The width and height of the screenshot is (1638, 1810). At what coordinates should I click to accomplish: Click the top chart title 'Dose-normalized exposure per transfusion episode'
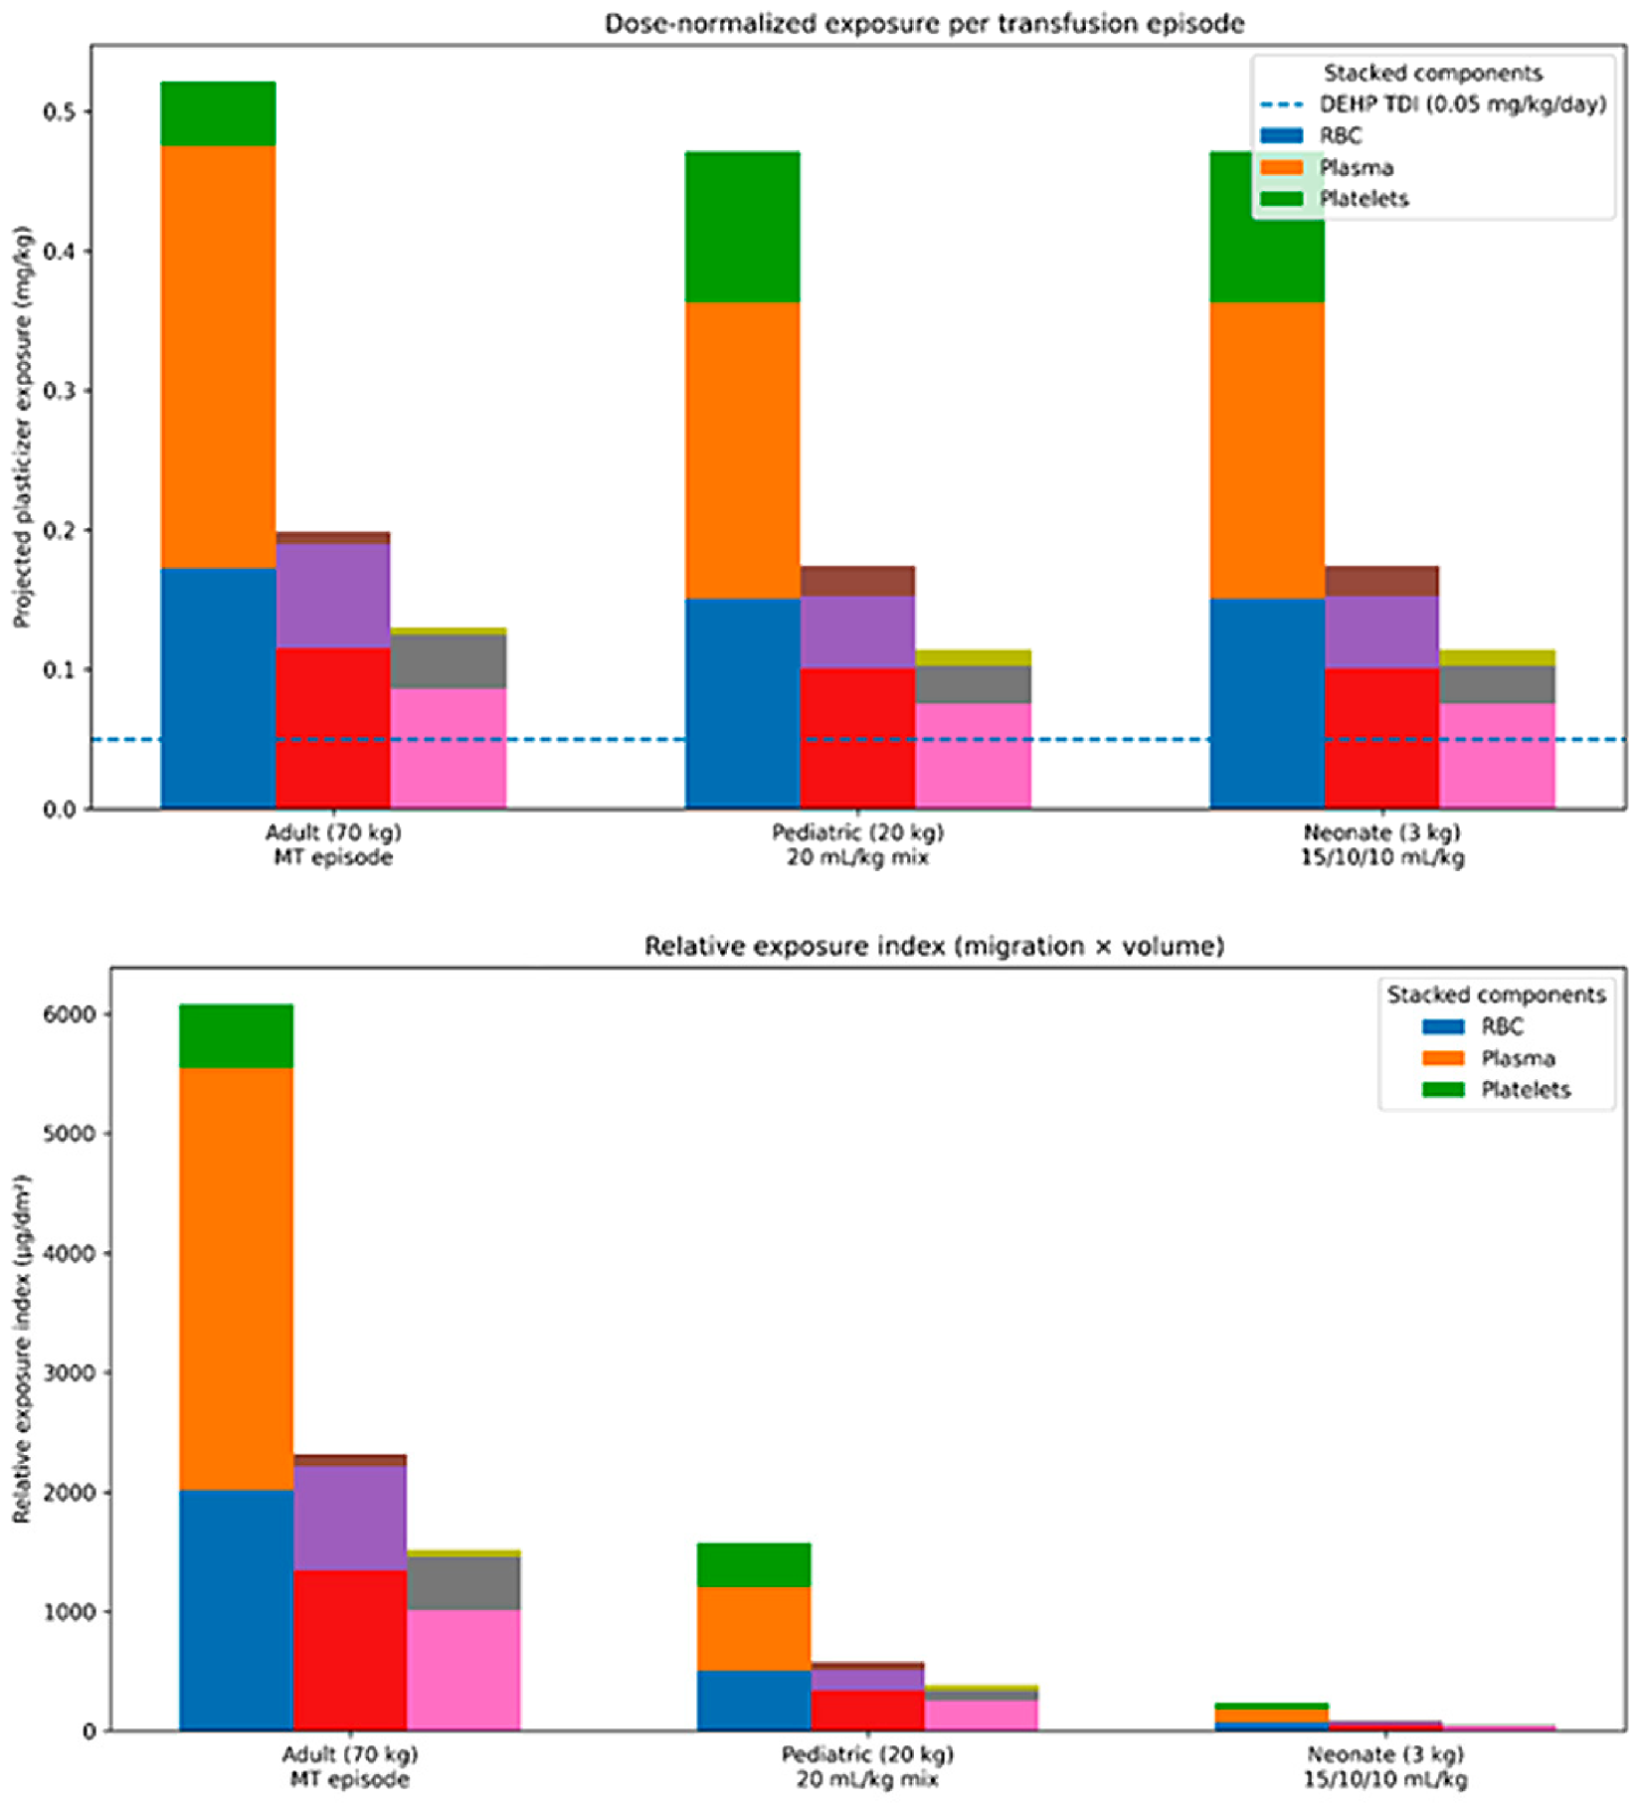[924, 23]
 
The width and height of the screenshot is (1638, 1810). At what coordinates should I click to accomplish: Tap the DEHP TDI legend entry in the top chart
[1432, 104]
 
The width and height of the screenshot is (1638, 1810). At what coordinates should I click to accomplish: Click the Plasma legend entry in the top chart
[1327, 167]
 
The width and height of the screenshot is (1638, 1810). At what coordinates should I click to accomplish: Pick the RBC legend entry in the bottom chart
[1472, 1026]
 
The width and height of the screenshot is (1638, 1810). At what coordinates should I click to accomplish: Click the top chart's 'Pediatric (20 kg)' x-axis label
[857, 832]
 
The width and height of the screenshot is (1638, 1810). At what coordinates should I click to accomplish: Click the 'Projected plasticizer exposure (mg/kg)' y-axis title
[22, 427]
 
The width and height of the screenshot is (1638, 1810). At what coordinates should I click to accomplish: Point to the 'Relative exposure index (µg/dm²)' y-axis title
[22, 1349]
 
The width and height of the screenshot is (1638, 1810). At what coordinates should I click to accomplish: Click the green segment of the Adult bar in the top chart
[218, 114]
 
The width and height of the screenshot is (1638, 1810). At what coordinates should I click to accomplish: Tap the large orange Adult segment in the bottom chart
[237, 1279]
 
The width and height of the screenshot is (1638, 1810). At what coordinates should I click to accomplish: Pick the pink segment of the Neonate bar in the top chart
[1497, 756]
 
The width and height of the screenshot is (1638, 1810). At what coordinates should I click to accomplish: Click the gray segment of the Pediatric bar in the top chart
[973, 685]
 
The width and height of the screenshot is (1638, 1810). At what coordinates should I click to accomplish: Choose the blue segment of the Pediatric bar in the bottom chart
[754, 1701]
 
